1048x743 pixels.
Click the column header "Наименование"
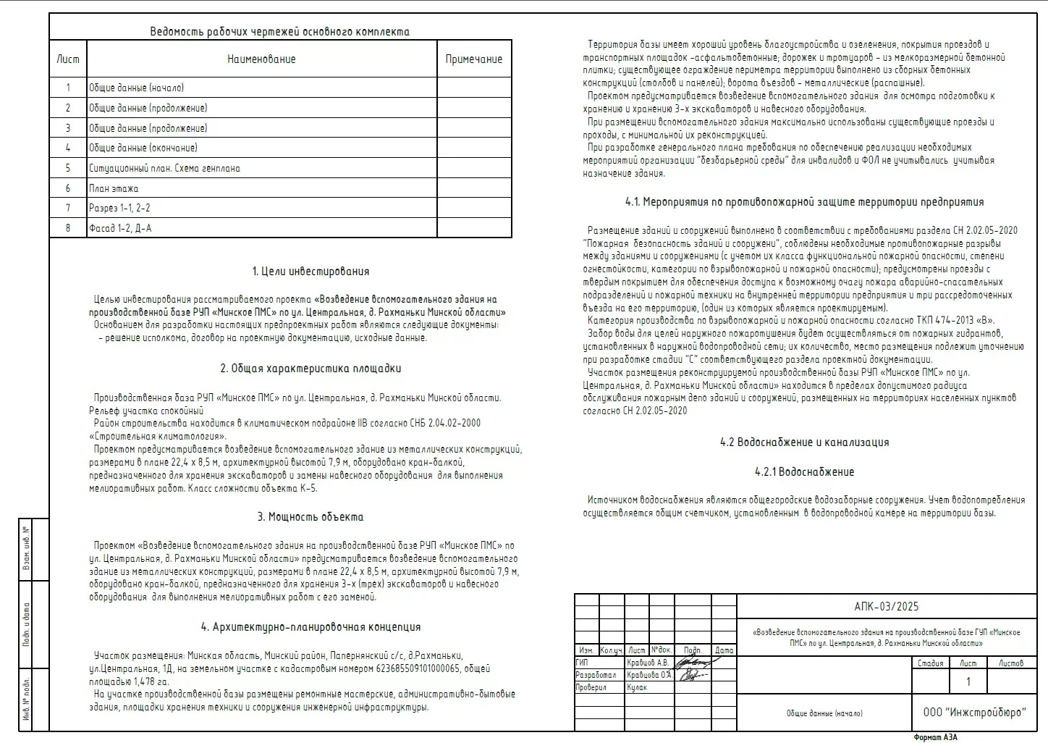pyautogui.click(x=261, y=59)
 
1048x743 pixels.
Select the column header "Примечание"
pyautogui.click(x=473, y=59)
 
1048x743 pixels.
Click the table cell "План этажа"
pyautogui.click(x=114, y=188)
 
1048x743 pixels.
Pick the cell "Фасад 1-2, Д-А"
pyautogui.click(x=120, y=228)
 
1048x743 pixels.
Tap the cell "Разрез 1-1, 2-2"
pyautogui.click(x=119, y=209)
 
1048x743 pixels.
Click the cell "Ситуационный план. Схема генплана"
pyautogui.click(x=164, y=168)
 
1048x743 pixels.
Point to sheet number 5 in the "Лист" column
pyautogui.click(x=68, y=168)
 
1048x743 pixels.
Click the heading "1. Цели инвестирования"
pyautogui.click(x=310, y=272)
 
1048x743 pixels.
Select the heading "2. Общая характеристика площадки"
pyautogui.click(x=310, y=369)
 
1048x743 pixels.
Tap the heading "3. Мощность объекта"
pyautogui.click(x=310, y=517)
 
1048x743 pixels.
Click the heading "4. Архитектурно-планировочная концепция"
pyautogui.click(x=310, y=627)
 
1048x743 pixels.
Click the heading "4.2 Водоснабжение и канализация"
pyautogui.click(x=804, y=442)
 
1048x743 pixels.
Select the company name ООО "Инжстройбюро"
pyautogui.click(x=974, y=713)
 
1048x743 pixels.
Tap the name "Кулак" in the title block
pyautogui.click(x=637, y=688)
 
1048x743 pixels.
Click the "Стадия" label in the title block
pyautogui.click(x=930, y=663)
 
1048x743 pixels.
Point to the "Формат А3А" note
pyautogui.click(x=935, y=737)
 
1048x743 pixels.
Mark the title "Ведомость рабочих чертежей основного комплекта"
pyautogui.click(x=279, y=32)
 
